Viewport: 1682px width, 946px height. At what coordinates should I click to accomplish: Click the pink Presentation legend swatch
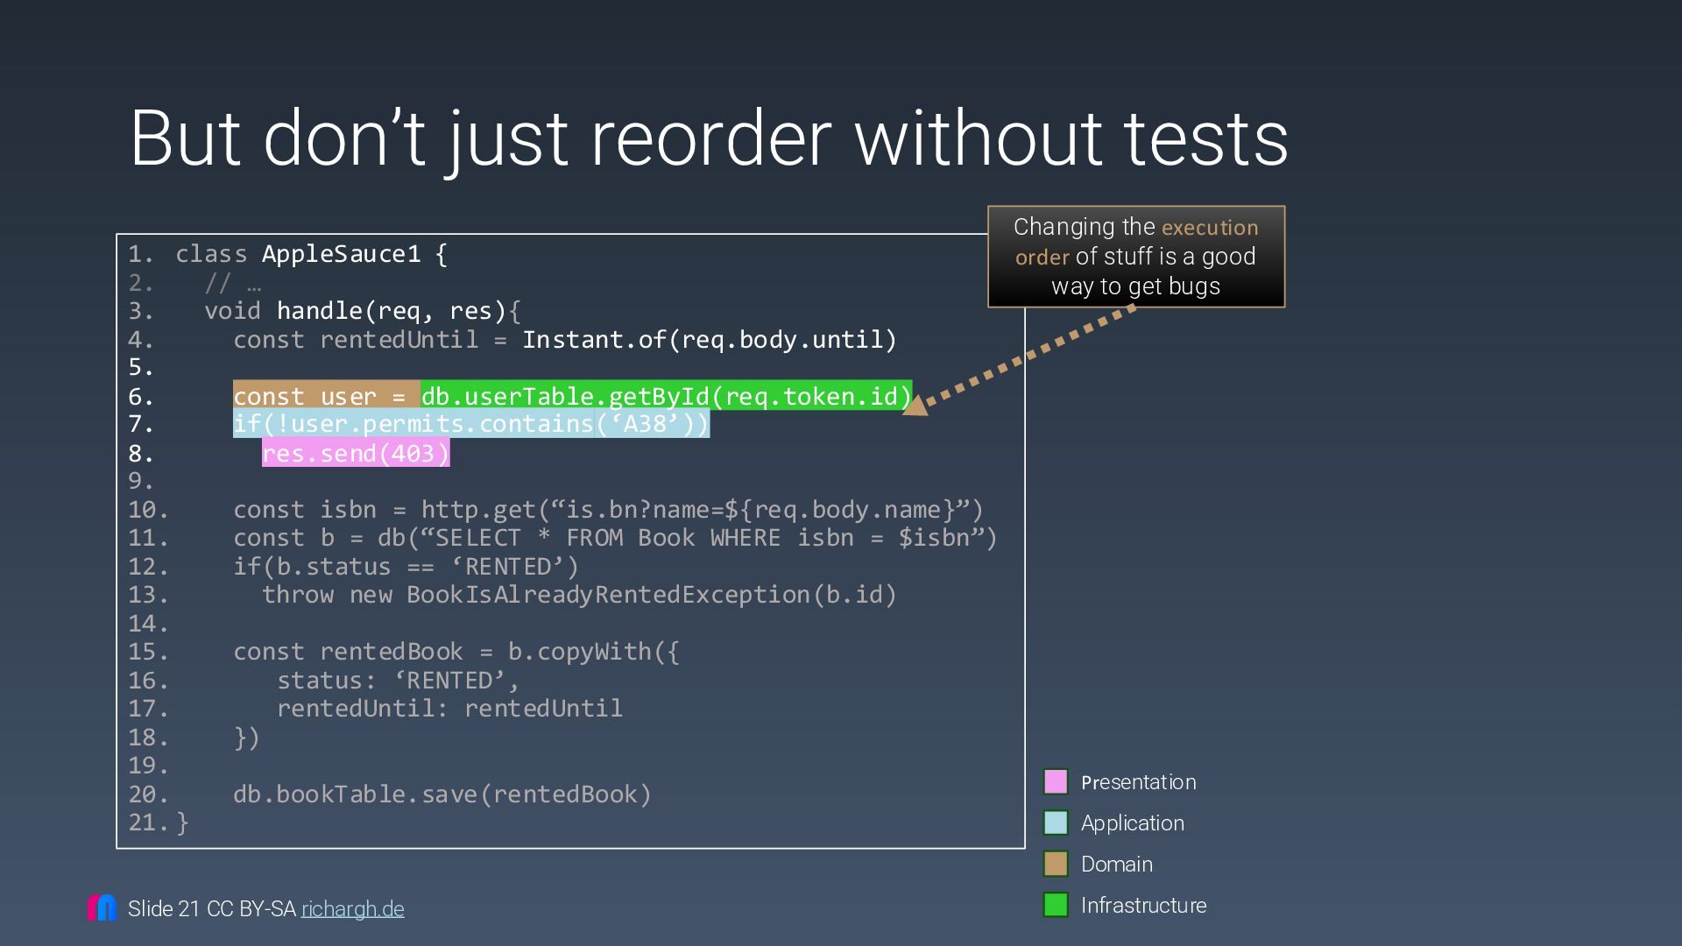pos(1056,781)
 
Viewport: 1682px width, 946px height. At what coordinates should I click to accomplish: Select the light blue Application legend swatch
pos(1056,822)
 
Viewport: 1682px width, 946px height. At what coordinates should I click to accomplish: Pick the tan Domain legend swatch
pos(1056,864)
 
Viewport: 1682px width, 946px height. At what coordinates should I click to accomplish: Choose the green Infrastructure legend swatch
pos(1056,905)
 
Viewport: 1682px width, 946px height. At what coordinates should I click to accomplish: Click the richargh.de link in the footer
pos(352,909)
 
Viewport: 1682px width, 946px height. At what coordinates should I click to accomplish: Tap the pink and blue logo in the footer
pos(102,907)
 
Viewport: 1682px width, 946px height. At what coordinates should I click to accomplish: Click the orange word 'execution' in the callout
pos(1210,228)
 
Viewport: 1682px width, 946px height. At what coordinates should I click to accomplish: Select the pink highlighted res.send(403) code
pos(356,453)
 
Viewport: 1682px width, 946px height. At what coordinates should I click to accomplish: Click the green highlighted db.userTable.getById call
pos(666,396)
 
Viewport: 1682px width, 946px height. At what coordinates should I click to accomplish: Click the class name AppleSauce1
pos(341,254)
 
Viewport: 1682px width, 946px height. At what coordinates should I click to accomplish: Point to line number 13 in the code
pos(146,595)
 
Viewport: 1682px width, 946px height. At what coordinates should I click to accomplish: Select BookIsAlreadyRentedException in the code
pos(608,595)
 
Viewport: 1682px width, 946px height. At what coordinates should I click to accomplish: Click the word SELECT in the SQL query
pos(477,538)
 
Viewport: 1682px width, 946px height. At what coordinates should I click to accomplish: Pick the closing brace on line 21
pos(182,822)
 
